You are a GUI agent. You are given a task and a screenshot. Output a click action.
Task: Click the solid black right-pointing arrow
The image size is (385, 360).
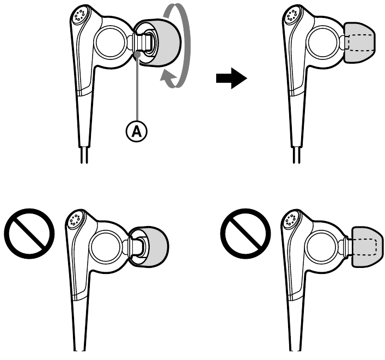click(x=231, y=78)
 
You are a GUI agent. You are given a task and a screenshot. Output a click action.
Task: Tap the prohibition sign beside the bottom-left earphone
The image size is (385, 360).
click(x=29, y=233)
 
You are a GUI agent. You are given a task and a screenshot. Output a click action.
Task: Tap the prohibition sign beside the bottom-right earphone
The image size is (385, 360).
click(x=246, y=233)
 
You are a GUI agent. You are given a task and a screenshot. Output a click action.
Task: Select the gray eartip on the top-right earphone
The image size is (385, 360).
click(x=360, y=42)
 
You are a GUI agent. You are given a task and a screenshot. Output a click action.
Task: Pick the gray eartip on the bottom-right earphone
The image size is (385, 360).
click(x=368, y=247)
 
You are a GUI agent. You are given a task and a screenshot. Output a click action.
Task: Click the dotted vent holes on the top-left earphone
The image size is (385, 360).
click(x=80, y=15)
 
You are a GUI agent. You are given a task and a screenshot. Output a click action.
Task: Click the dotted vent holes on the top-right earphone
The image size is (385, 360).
click(x=292, y=15)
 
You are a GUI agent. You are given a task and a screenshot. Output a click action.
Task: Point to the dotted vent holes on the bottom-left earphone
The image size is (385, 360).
click(x=75, y=219)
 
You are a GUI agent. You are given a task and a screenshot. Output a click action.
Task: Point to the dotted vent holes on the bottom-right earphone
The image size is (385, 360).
click(x=290, y=219)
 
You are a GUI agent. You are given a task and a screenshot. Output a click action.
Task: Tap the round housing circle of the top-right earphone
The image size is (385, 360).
click(x=323, y=42)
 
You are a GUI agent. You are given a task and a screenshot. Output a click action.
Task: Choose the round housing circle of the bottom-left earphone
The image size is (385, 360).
click(x=106, y=247)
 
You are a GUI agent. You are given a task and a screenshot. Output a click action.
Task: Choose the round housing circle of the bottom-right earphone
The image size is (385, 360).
click(x=321, y=247)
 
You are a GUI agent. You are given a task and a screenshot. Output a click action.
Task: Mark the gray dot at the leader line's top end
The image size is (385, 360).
click(x=138, y=54)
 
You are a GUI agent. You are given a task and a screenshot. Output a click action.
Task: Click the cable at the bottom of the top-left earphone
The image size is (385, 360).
click(x=84, y=155)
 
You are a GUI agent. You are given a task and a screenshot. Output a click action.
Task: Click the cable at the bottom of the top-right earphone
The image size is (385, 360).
click(x=297, y=155)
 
